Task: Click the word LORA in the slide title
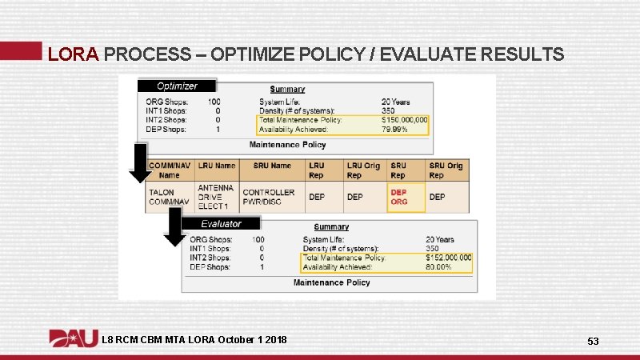pos(73,54)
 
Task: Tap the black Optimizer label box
pos(178,86)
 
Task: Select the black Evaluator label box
pos(221,224)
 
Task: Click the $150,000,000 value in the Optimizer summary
pos(405,120)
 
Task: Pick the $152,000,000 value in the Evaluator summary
pos(448,258)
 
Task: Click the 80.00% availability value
pos(438,267)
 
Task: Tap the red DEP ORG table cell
pos(399,197)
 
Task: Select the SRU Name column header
pos(272,166)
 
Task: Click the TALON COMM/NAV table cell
pos(168,197)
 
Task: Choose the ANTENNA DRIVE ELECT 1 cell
pos(216,197)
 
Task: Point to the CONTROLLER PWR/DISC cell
pos(269,197)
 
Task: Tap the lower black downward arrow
pos(174,227)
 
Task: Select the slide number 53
pos(593,342)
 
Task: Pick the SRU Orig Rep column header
pos(446,170)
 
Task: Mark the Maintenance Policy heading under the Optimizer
pos(288,145)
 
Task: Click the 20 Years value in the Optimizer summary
pos(395,102)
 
